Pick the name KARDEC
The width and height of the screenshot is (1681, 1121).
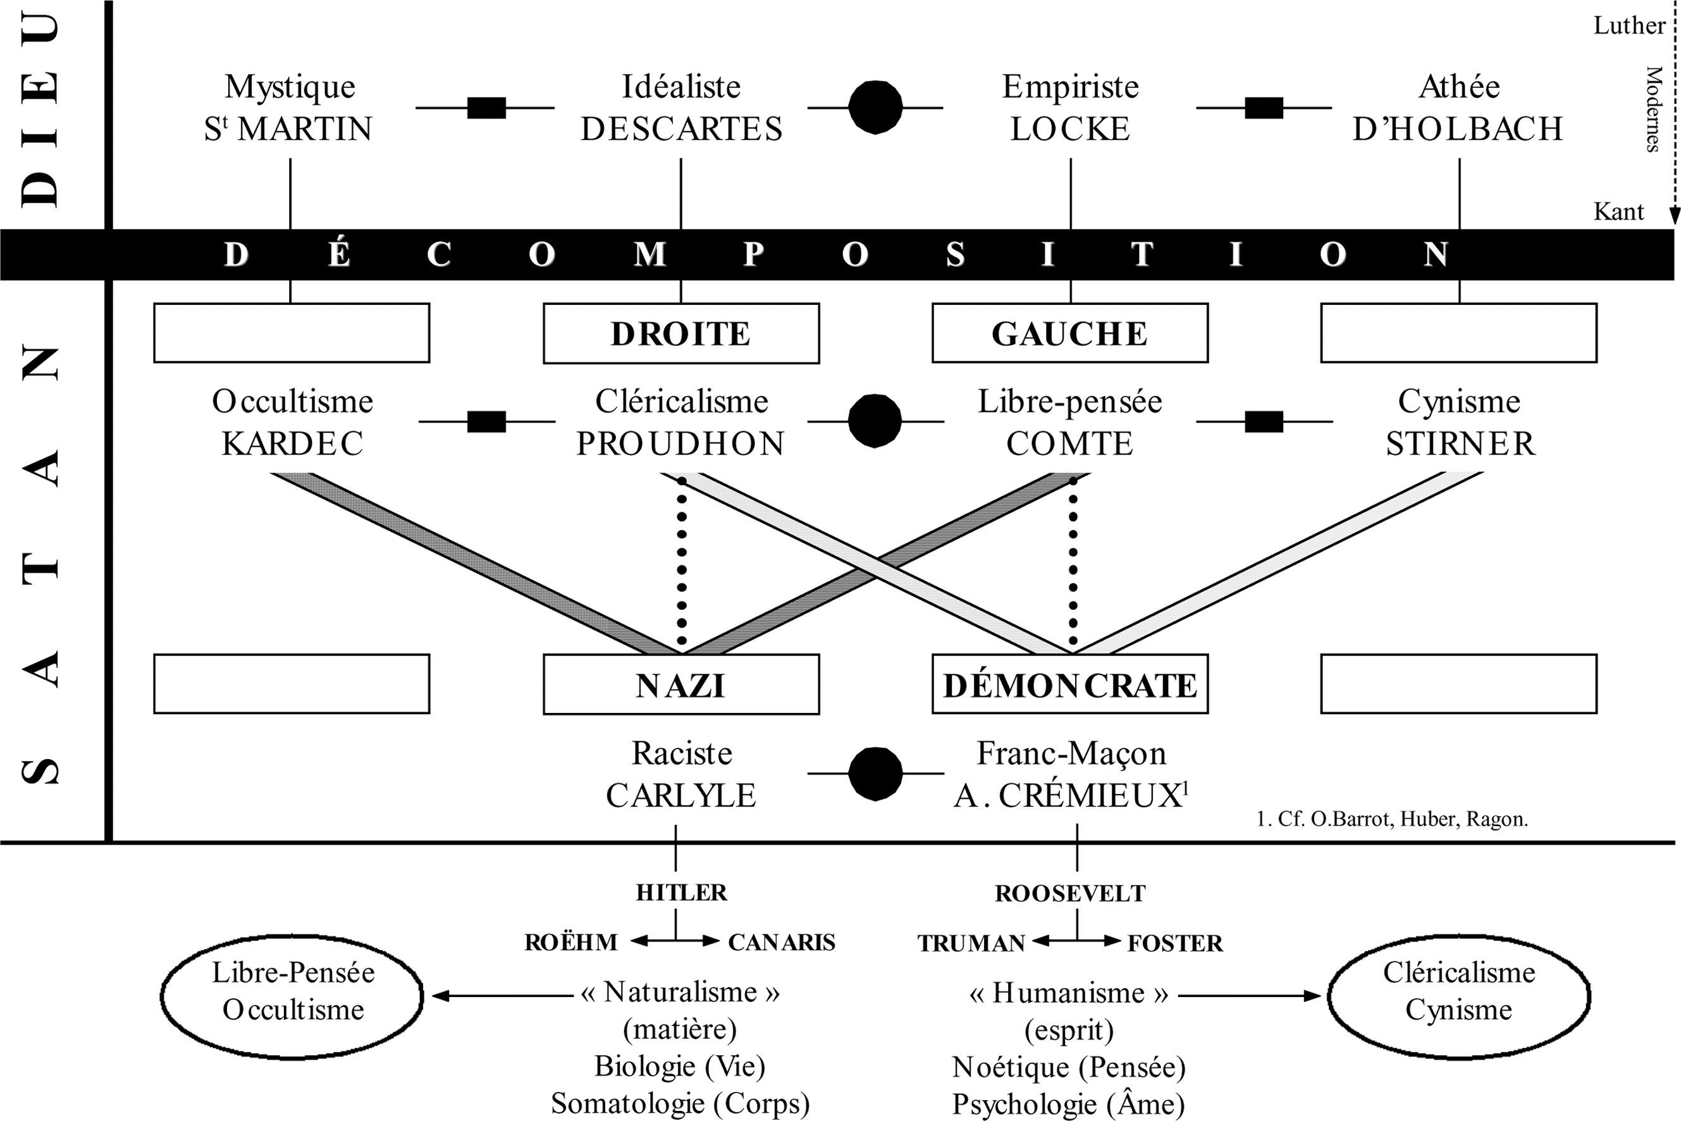(x=292, y=444)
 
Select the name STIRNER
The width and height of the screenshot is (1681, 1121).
(x=1460, y=444)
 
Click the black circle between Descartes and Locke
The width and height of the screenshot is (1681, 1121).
(x=875, y=108)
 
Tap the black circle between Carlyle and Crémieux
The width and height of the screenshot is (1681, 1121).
(x=875, y=774)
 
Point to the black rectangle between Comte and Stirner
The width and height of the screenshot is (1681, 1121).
(x=1264, y=422)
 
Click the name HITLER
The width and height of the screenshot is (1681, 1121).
(x=681, y=893)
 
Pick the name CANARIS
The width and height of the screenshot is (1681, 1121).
(x=781, y=942)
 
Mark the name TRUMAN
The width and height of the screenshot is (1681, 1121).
(x=971, y=944)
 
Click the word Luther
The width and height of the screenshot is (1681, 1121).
(x=1629, y=26)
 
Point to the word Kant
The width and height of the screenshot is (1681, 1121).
(x=1618, y=212)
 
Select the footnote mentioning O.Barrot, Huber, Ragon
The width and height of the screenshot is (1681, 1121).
(x=1391, y=819)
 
